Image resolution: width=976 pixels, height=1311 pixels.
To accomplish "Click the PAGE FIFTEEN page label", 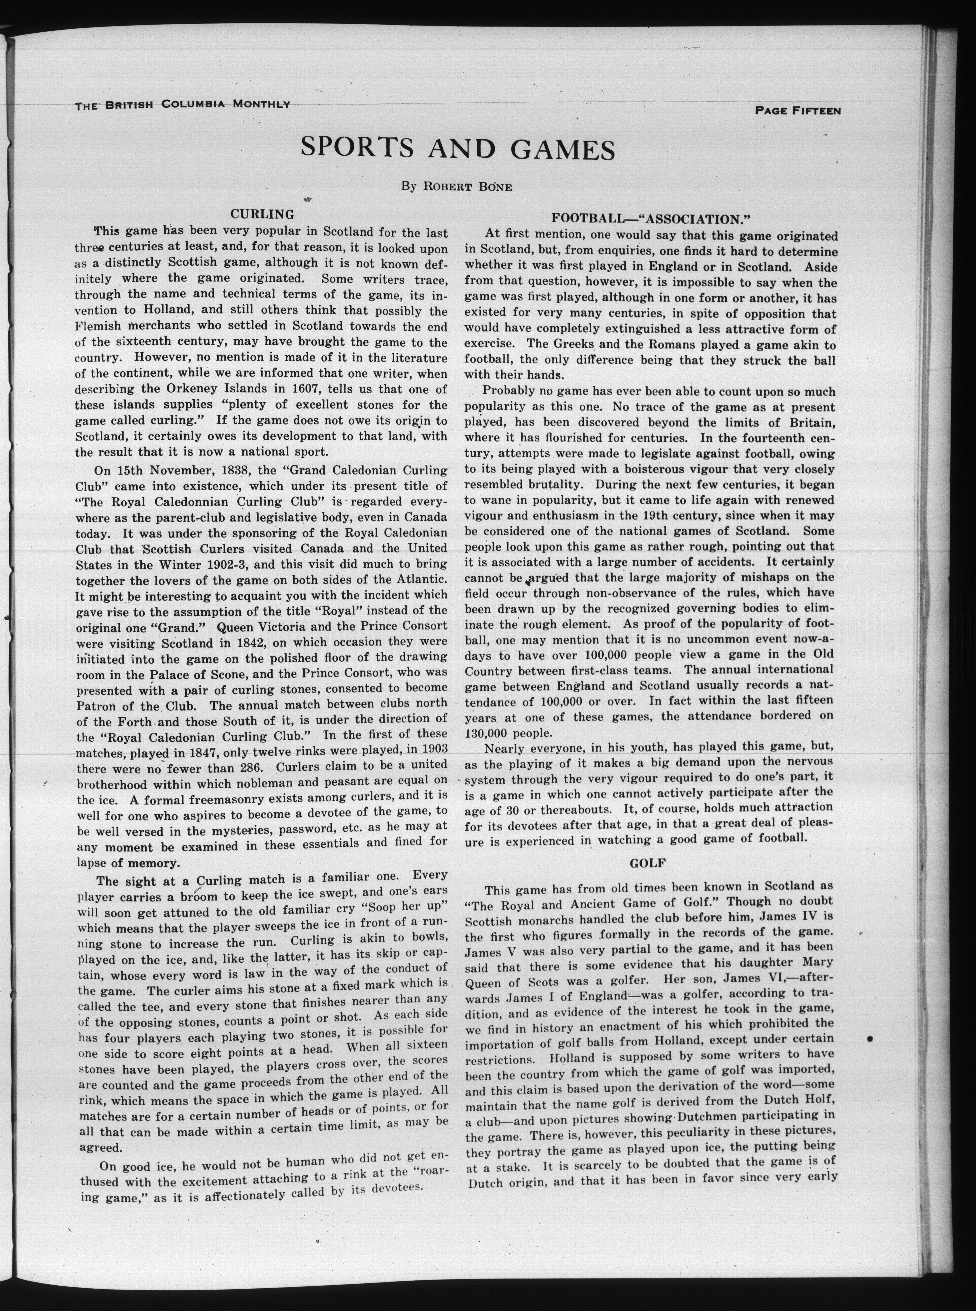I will [798, 110].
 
